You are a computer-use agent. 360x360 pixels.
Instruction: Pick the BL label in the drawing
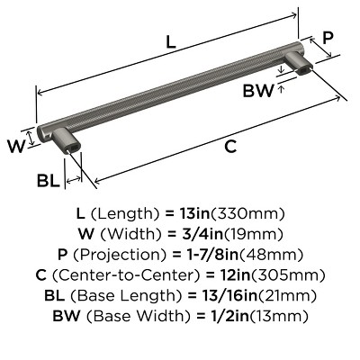[x=48, y=181]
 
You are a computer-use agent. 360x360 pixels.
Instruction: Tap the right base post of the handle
[x=298, y=65]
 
